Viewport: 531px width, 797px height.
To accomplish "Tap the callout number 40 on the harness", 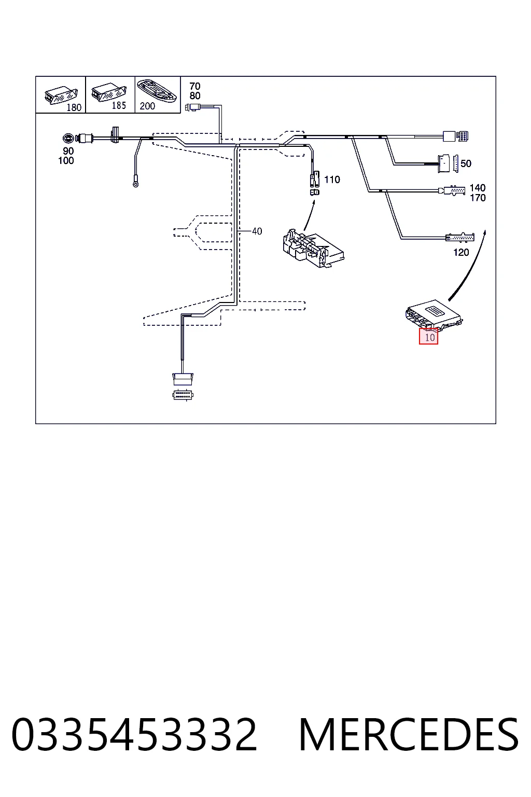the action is (x=257, y=231).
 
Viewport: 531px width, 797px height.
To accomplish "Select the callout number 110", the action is (x=332, y=180).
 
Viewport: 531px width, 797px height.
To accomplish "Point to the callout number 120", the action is (x=461, y=253).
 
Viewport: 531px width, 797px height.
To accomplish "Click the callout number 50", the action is (x=466, y=163).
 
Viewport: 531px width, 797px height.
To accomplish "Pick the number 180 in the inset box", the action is (x=74, y=107).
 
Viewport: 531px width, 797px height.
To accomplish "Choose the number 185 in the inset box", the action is (x=119, y=106).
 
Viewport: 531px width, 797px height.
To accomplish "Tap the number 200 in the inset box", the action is (x=147, y=106).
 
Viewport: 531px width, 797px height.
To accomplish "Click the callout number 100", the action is (x=66, y=161).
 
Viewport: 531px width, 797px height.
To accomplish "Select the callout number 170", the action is (x=478, y=198).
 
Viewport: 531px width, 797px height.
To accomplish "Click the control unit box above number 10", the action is (x=434, y=315).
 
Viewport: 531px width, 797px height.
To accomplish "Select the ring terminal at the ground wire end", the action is (x=135, y=184).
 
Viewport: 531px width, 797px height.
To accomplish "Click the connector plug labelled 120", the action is (x=460, y=237).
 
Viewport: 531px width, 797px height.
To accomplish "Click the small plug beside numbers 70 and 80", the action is (x=193, y=106).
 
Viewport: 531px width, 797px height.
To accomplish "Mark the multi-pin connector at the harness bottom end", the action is (x=183, y=395).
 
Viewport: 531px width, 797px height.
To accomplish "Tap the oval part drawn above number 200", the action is (x=157, y=90).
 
